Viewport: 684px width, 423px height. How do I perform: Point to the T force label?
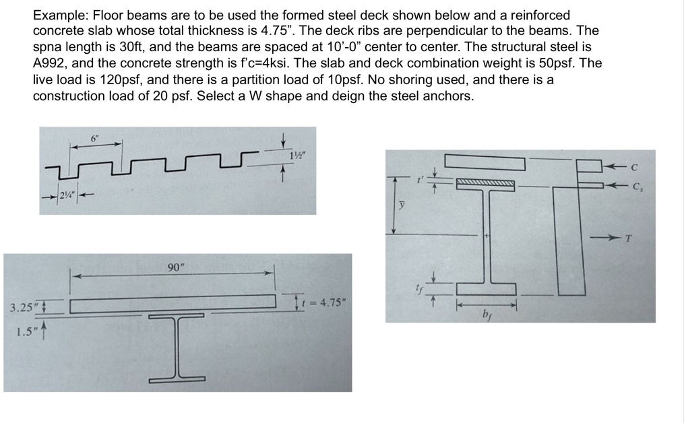pos(628,238)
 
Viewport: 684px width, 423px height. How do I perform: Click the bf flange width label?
pos(487,314)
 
